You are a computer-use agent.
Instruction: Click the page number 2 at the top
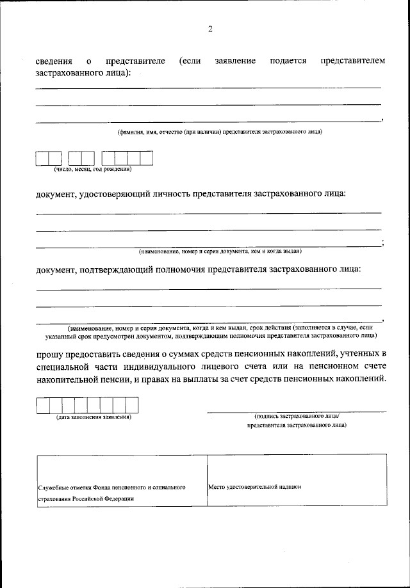click(209, 29)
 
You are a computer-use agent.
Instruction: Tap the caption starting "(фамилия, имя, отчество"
click(220, 132)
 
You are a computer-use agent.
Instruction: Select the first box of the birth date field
click(42, 158)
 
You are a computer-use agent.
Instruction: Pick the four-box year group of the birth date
click(127, 158)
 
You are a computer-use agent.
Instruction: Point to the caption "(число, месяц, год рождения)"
click(93, 170)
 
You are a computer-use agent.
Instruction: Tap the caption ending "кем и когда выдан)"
click(220, 251)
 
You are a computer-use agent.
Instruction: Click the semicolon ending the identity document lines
click(382, 242)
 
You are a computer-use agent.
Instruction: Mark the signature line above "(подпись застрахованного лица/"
click(296, 410)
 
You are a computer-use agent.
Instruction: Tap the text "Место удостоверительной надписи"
click(255, 486)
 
